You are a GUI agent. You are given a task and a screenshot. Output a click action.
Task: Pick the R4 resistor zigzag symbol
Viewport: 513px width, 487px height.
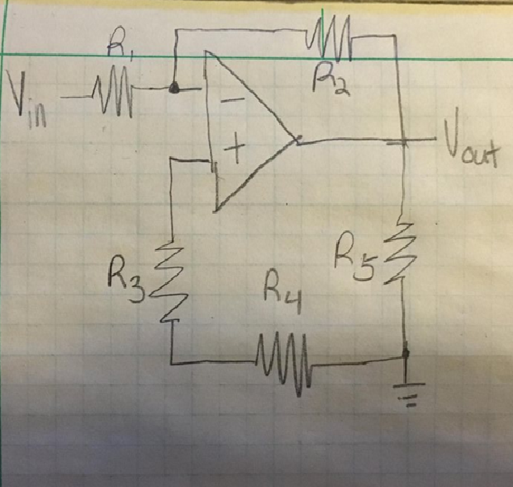283,364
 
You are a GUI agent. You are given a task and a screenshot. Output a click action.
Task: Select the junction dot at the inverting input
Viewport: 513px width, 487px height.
173,88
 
